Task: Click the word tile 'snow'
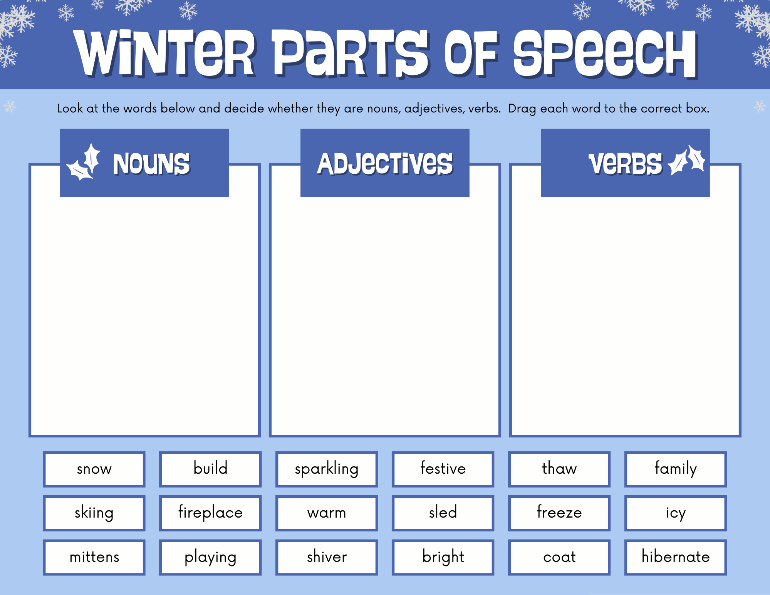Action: (94, 469)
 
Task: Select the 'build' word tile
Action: (210, 469)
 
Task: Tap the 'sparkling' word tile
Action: (327, 469)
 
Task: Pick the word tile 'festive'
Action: (443, 469)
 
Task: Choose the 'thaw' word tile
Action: (559, 469)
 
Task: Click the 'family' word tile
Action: (676, 469)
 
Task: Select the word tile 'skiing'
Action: (94, 513)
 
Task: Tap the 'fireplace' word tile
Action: (210, 513)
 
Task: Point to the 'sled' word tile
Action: (443, 513)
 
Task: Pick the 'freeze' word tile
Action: (559, 513)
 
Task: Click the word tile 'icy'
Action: (676, 513)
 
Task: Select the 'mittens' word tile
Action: (94, 557)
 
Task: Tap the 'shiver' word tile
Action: (327, 557)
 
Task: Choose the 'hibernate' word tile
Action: (676, 557)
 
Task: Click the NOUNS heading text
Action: (151, 164)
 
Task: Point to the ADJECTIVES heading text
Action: (385, 164)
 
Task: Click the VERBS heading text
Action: (625, 164)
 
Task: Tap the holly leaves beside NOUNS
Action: (84, 163)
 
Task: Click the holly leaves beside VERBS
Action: (687, 160)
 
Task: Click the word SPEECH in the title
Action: (605, 54)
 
